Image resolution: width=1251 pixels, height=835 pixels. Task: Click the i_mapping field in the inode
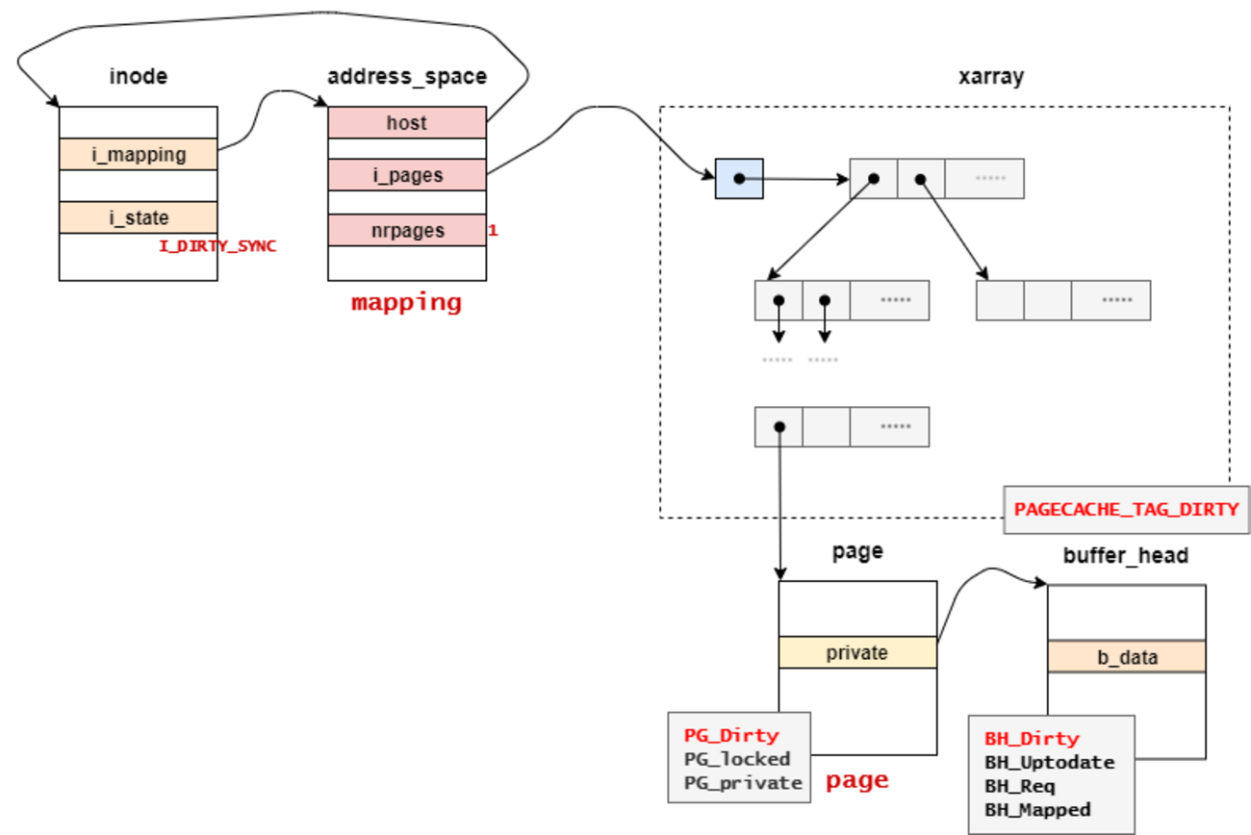(x=139, y=154)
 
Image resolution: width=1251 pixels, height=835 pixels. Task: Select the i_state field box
(x=139, y=217)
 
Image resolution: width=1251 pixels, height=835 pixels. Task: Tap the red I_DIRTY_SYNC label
(x=217, y=246)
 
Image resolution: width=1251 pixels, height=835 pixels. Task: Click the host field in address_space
(x=407, y=122)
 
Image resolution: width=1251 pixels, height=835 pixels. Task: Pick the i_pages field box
(x=407, y=175)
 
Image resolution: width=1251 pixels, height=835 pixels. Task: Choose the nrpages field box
(x=407, y=230)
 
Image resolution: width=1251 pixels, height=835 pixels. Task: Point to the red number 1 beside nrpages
(x=493, y=231)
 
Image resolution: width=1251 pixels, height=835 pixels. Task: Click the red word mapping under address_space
(x=406, y=302)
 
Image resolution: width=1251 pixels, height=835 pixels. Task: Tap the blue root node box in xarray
(x=739, y=178)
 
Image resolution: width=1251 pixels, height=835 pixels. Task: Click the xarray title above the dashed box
(x=991, y=77)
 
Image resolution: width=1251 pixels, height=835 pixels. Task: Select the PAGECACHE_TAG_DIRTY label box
(x=1126, y=509)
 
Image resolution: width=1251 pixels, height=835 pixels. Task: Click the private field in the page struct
(x=856, y=652)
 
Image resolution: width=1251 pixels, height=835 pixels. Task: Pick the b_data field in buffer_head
(x=1126, y=657)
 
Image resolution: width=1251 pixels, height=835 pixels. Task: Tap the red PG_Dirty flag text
(x=731, y=735)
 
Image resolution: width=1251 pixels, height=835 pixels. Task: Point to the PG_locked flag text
(x=737, y=759)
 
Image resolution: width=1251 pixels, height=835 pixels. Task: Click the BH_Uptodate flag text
(x=1049, y=763)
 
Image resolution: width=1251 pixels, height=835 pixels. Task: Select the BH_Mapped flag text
(x=1037, y=810)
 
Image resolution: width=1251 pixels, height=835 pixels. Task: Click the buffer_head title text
(x=1126, y=555)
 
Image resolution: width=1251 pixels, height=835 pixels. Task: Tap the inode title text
(x=139, y=76)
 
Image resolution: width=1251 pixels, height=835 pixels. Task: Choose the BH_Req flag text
(x=1020, y=786)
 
